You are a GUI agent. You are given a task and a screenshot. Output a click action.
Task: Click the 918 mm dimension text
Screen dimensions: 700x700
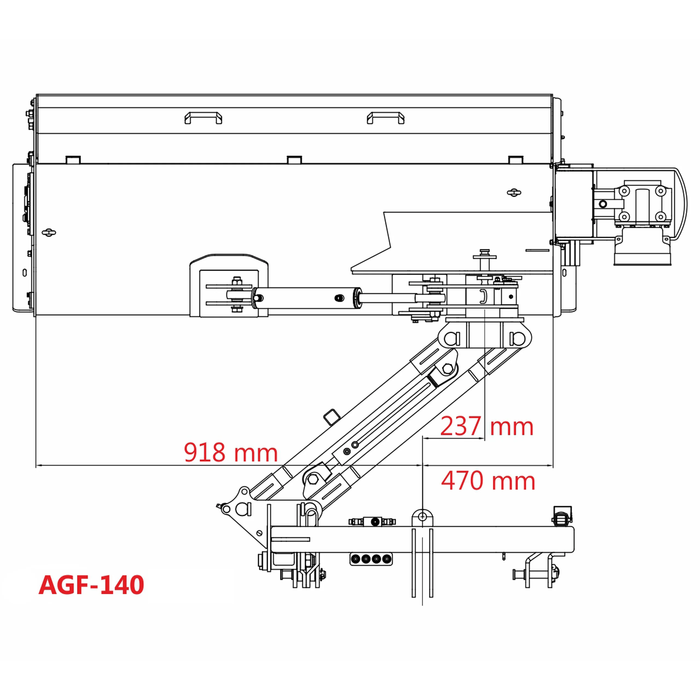231,453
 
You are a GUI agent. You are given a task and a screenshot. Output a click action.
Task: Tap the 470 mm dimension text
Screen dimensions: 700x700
488,481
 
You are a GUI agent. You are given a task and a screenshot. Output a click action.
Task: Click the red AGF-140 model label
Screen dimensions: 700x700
91,585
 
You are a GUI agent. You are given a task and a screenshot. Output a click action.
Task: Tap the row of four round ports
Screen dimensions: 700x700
371,559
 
